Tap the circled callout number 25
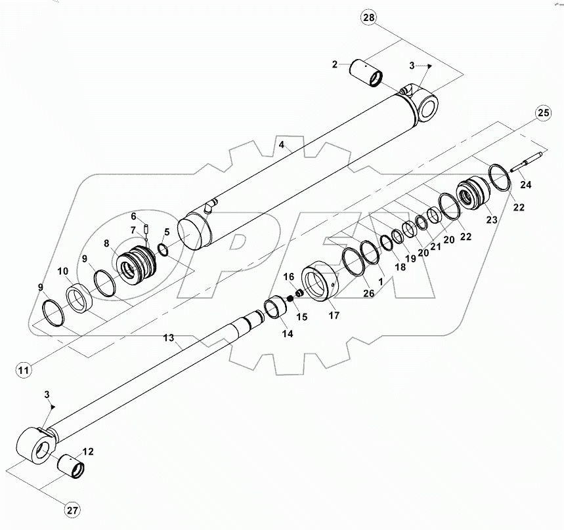[x=542, y=113]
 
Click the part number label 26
[x=369, y=293]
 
